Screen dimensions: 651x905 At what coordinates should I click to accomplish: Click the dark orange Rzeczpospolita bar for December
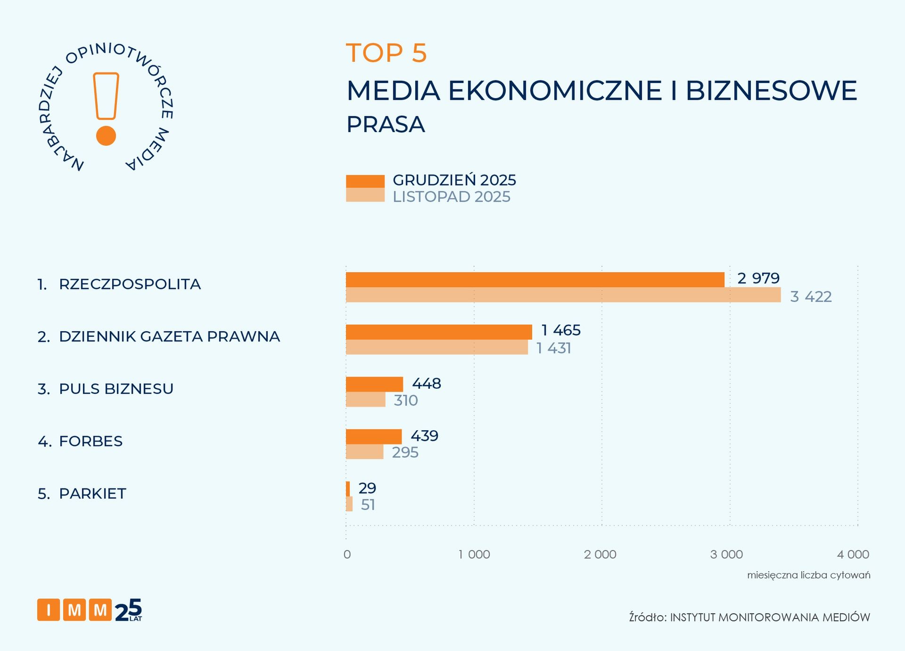point(535,280)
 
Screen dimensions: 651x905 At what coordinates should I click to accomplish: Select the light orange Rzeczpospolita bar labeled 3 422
point(563,295)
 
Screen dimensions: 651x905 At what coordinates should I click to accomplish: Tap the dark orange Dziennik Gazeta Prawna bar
point(439,332)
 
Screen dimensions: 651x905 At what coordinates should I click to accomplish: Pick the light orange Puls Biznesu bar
point(365,400)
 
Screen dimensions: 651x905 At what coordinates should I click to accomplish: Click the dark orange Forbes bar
point(374,436)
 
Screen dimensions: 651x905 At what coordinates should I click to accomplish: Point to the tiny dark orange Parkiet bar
point(348,489)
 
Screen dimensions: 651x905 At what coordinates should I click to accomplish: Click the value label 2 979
point(758,278)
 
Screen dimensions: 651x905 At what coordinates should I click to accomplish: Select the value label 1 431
point(554,348)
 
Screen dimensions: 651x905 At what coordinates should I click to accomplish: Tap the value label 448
point(427,384)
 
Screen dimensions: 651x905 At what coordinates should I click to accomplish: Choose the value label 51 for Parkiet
point(368,505)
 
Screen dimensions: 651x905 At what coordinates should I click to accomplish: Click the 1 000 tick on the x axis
point(474,554)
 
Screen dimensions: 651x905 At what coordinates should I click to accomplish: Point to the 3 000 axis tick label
point(726,554)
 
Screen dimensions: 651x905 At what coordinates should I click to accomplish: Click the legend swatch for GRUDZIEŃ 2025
point(365,181)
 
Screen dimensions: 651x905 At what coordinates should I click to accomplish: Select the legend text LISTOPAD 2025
point(452,197)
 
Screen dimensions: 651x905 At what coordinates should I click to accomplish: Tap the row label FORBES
point(90,441)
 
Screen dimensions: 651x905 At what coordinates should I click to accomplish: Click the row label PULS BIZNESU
point(116,389)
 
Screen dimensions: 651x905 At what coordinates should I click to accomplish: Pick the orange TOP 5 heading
point(387,52)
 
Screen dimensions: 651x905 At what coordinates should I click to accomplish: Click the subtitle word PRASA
point(386,125)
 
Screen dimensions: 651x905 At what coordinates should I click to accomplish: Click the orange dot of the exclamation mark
point(106,136)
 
